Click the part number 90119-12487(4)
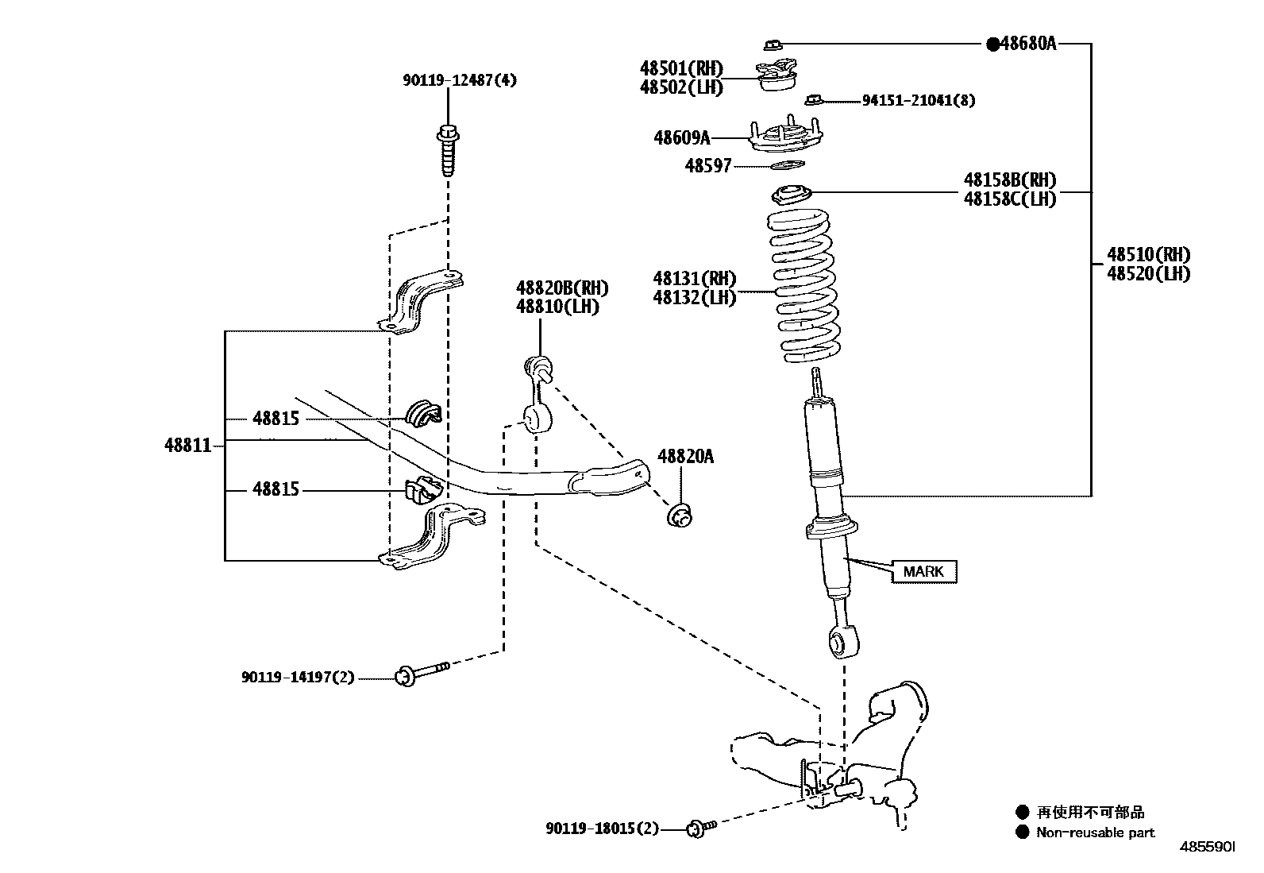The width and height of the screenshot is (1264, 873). [459, 80]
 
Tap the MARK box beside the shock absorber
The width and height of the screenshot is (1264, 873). [923, 571]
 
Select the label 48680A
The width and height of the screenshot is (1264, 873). [1027, 44]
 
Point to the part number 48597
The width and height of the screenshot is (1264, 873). [707, 166]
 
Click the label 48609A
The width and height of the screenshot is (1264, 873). [681, 138]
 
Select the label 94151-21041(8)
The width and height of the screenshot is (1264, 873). [919, 100]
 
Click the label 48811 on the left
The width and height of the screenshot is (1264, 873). [188, 445]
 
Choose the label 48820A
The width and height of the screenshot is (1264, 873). [685, 456]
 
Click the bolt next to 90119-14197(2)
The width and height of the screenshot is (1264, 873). [421, 674]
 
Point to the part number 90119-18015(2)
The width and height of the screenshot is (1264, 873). [602, 829]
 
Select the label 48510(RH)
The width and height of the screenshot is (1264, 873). [1149, 254]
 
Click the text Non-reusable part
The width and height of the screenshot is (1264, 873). [1095, 832]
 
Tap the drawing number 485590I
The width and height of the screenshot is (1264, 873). [1207, 849]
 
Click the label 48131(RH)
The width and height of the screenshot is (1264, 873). [694, 279]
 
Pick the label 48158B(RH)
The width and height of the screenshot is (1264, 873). [1009, 180]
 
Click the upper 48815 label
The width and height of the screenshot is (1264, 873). [276, 418]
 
